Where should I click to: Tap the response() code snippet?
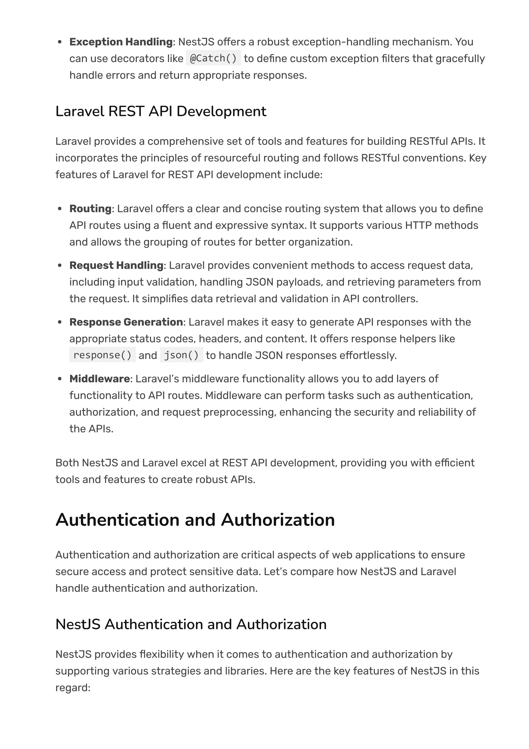102,355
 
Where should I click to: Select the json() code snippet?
182,355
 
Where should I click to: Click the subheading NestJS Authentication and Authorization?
191,624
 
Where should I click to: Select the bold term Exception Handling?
121,42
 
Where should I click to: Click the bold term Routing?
90,209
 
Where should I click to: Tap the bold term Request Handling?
116,265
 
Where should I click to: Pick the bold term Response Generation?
126,322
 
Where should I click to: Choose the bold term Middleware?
99,379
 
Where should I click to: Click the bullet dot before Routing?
60,209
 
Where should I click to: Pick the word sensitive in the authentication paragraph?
215,571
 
